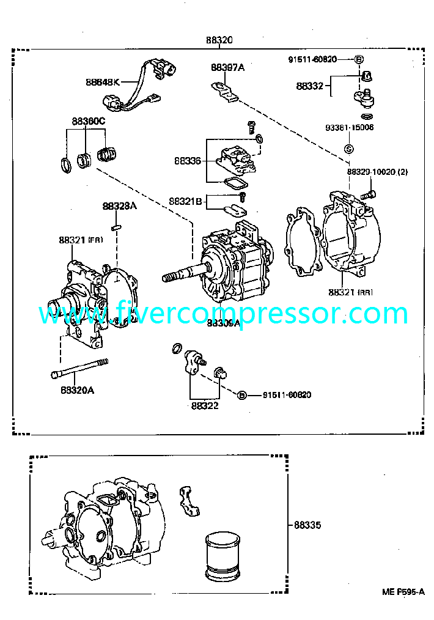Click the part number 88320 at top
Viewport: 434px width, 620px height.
tap(219, 41)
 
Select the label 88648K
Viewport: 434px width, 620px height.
tap(103, 81)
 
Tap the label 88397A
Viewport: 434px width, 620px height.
tap(227, 68)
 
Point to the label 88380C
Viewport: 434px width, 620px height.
tap(86, 121)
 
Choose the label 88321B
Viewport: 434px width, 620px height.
tap(185, 201)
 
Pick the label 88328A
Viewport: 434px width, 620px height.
tap(119, 207)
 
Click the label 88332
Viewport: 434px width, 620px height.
tap(309, 86)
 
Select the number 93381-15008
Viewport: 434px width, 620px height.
tap(349, 128)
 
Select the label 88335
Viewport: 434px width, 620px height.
tap(307, 525)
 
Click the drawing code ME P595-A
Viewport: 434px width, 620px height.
tap(403, 591)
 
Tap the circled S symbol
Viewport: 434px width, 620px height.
tap(349, 149)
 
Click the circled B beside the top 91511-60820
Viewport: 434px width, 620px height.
tap(359, 59)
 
